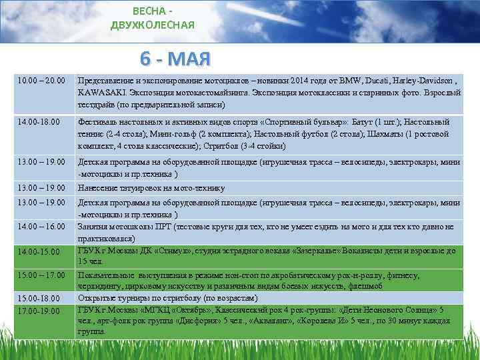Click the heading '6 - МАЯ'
pos(175,59)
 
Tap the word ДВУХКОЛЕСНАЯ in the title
pos(153,25)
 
